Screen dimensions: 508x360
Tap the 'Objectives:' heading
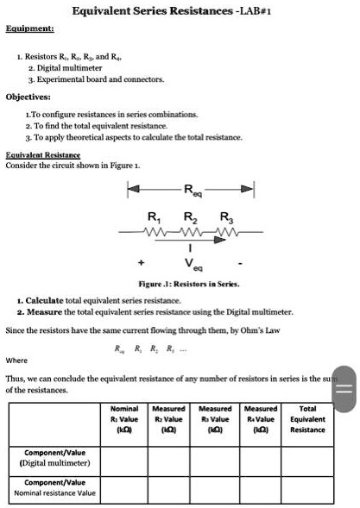tap(30, 97)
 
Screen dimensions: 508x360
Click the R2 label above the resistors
tap(188, 216)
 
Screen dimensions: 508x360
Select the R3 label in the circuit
tap(225, 216)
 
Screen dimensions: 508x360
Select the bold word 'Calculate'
tap(47, 298)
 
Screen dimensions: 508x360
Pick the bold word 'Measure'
tap(45, 310)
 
